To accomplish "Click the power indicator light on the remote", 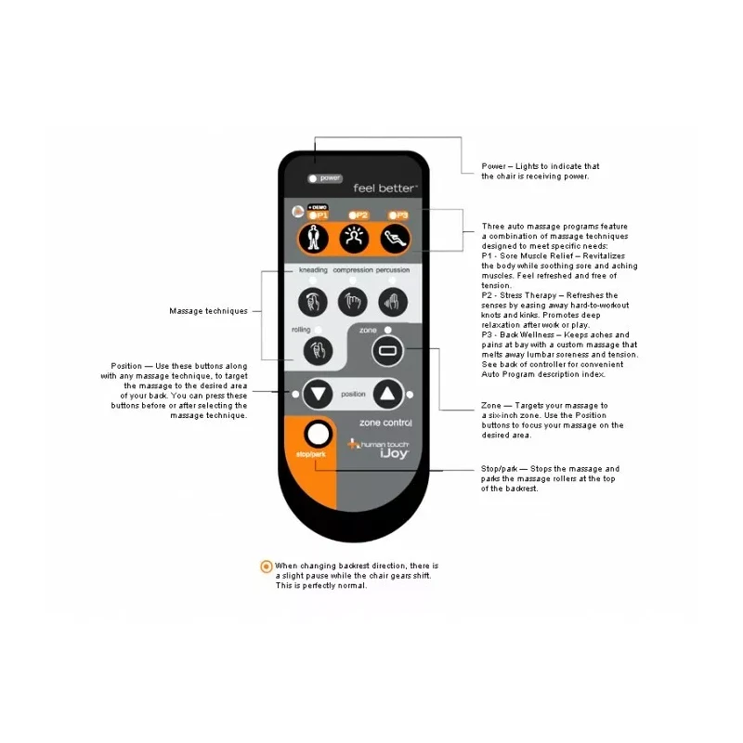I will click(x=313, y=177).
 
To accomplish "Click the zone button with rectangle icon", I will click(x=385, y=351).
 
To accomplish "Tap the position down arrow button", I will click(x=318, y=394).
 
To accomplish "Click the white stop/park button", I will click(x=318, y=433).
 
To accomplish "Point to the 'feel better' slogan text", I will click(x=385, y=188).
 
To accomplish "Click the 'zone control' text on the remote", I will click(x=385, y=423).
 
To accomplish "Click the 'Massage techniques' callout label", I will click(x=208, y=311).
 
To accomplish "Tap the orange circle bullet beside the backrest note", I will click(x=267, y=566).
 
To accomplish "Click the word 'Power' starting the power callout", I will click(x=493, y=167).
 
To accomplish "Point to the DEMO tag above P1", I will click(x=318, y=206).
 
